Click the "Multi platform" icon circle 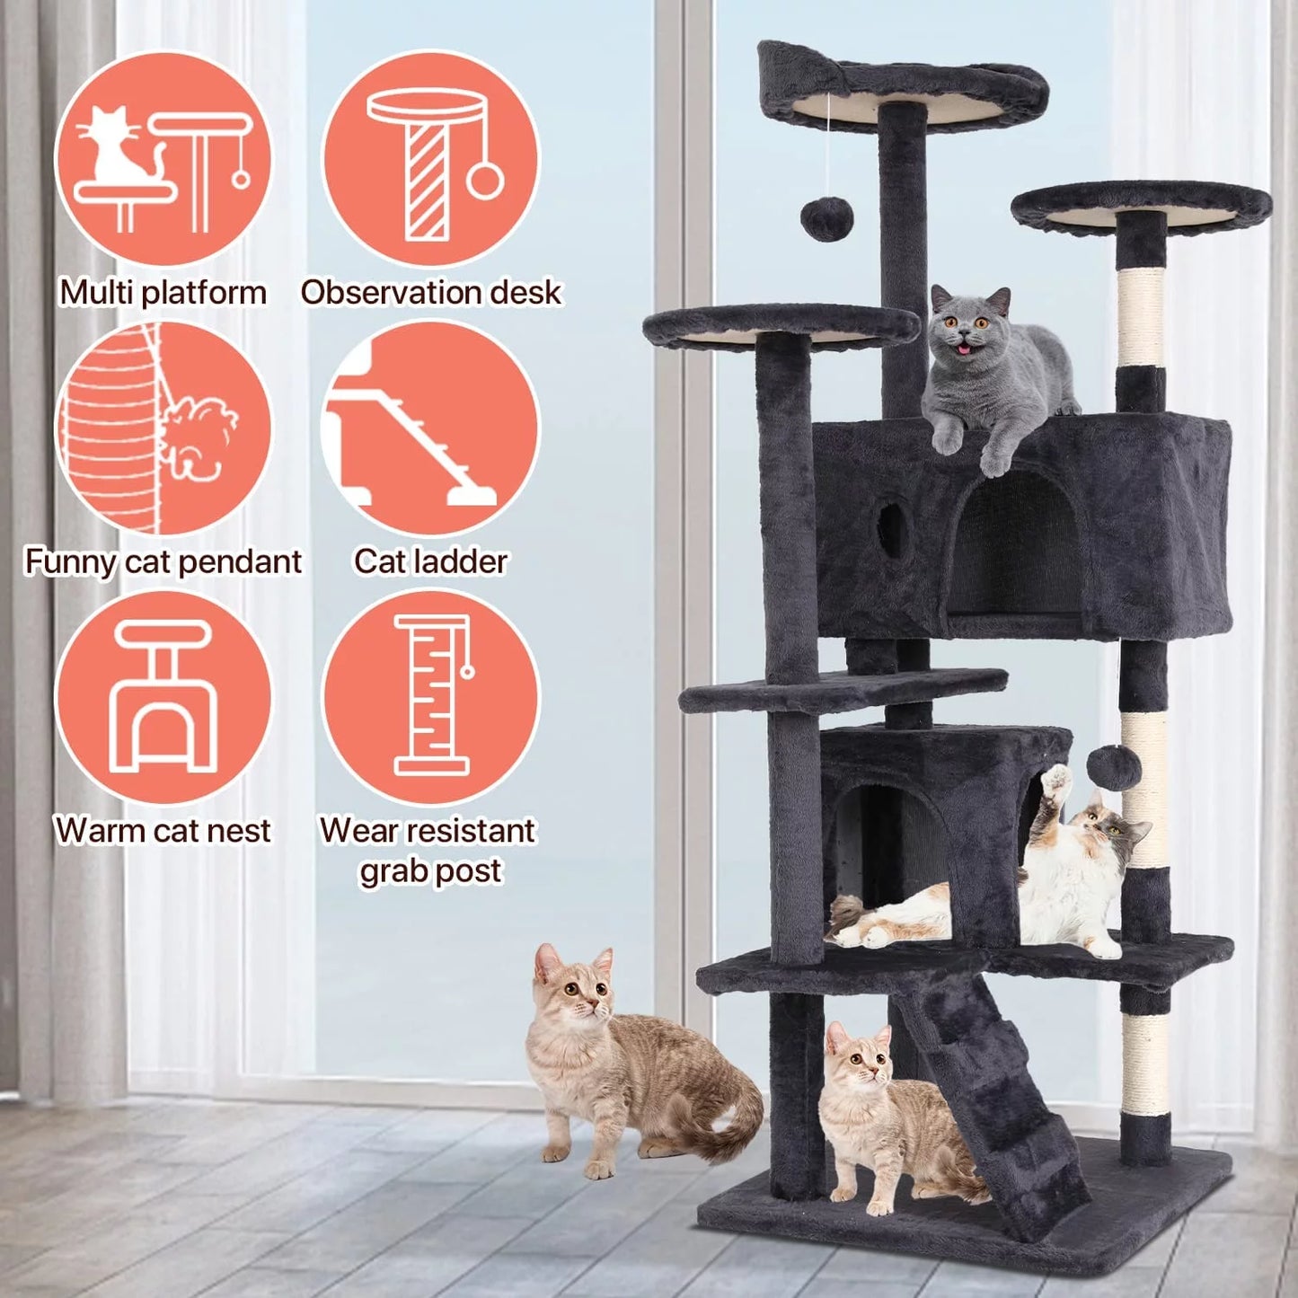163,159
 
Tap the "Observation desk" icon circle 431,159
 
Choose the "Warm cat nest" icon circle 163,696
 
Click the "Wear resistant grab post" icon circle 431,696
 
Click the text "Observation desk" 431,292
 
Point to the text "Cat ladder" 431,561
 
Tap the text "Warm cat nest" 163,830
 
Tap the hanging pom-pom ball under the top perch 826,218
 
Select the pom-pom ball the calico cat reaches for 1114,765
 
